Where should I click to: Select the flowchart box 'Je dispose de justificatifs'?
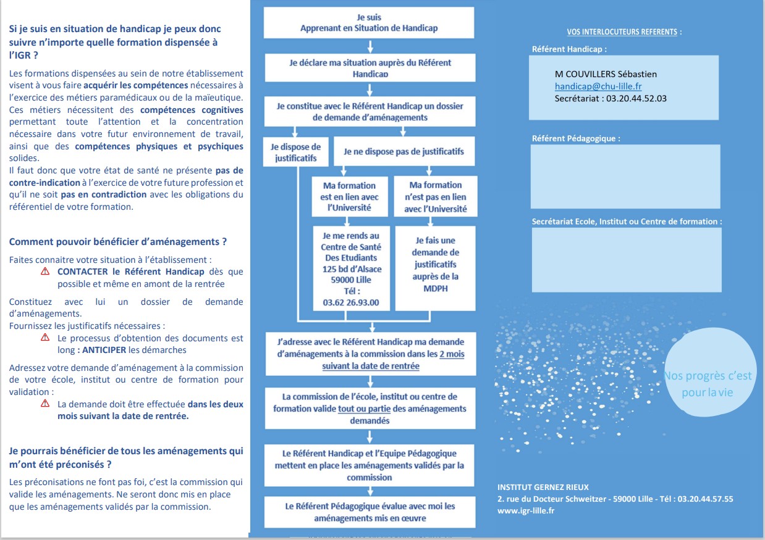[296, 152]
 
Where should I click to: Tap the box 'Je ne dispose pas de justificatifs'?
[404, 151]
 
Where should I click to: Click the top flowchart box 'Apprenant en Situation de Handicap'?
[369, 23]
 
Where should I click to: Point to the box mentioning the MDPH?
[435, 268]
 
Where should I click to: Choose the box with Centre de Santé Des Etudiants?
[351, 269]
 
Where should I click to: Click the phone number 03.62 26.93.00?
[351, 302]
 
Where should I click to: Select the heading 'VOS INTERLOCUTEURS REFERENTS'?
[623, 32]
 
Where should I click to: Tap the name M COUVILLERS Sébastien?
[606, 74]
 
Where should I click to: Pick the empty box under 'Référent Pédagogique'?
[625, 177]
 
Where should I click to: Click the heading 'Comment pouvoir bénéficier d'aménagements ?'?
[117, 242]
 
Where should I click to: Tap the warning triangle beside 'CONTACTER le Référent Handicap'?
[45, 272]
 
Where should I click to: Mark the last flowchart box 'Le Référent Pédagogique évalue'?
[370, 512]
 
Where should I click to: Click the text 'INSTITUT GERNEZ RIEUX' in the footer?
[543, 487]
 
